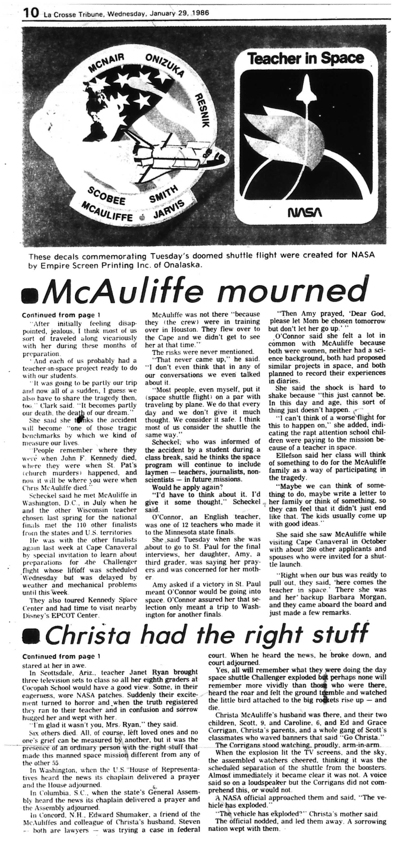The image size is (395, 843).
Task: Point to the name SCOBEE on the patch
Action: coord(102,195)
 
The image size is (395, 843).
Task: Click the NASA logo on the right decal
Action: coord(304,213)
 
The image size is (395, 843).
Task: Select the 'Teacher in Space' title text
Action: coord(305,59)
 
